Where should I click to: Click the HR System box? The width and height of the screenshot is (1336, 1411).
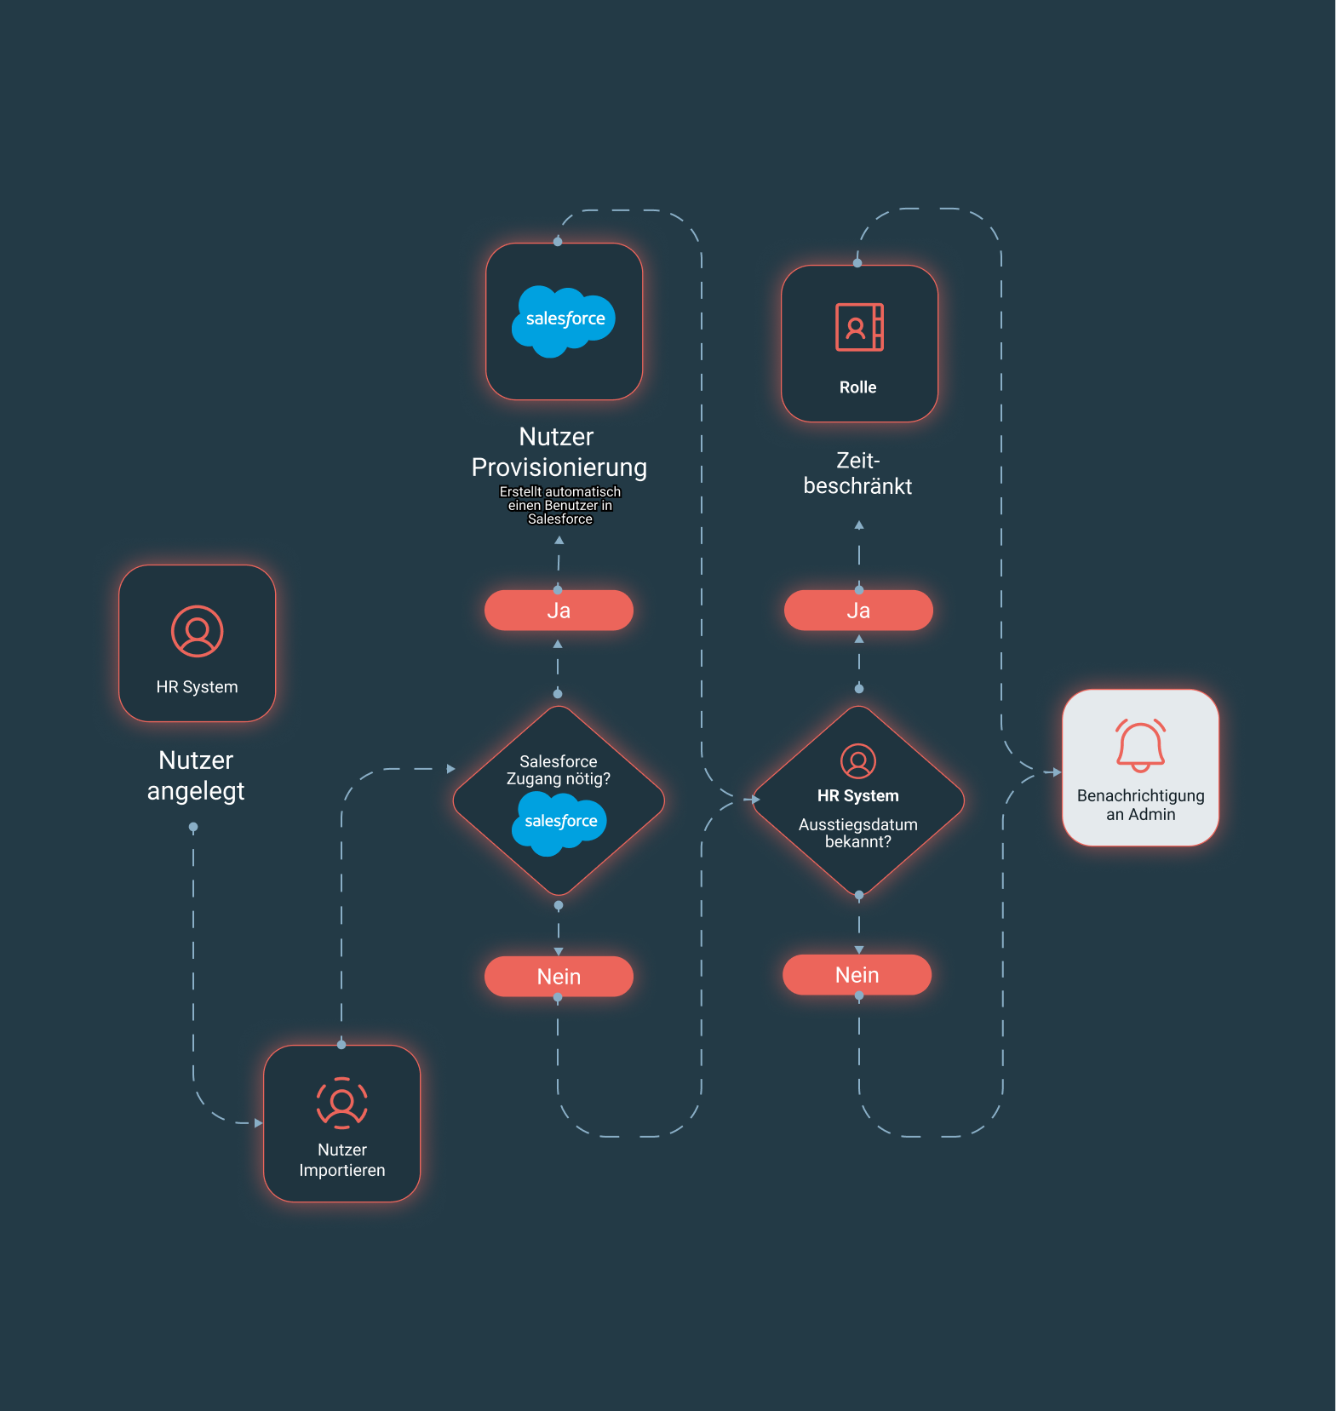(x=197, y=643)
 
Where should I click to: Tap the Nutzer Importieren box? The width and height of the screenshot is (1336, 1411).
(x=341, y=1123)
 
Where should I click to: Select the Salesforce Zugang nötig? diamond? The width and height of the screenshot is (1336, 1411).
(x=559, y=800)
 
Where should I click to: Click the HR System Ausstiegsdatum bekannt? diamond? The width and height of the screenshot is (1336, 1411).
(x=858, y=800)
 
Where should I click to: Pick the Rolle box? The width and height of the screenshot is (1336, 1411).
(x=859, y=343)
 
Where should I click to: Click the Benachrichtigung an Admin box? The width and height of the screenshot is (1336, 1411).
(x=1140, y=767)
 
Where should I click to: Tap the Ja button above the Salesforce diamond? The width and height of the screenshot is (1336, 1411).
(x=559, y=611)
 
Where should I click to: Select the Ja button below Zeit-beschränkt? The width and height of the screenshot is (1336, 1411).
(x=858, y=611)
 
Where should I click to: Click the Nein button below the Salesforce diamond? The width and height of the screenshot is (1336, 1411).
(x=559, y=976)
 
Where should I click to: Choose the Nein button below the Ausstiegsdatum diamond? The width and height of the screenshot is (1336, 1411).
(x=857, y=975)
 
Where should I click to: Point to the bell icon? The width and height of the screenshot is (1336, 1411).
(x=1140, y=745)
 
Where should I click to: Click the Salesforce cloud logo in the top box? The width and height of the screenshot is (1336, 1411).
(x=564, y=321)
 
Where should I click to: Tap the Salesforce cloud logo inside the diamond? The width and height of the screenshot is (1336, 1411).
(x=559, y=823)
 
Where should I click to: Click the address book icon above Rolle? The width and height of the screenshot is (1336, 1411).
(x=859, y=327)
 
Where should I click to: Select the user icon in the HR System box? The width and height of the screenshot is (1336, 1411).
(x=197, y=631)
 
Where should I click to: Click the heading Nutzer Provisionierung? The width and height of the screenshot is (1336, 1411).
(x=559, y=452)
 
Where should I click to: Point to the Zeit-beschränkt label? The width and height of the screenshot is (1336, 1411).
(x=857, y=473)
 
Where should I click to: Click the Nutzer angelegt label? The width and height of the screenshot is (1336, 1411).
(x=196, y=776)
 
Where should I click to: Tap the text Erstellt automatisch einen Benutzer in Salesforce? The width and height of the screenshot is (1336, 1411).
(x=559, y=505)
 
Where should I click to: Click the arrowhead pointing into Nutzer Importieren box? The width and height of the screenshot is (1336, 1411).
(x=259, y=1123)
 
